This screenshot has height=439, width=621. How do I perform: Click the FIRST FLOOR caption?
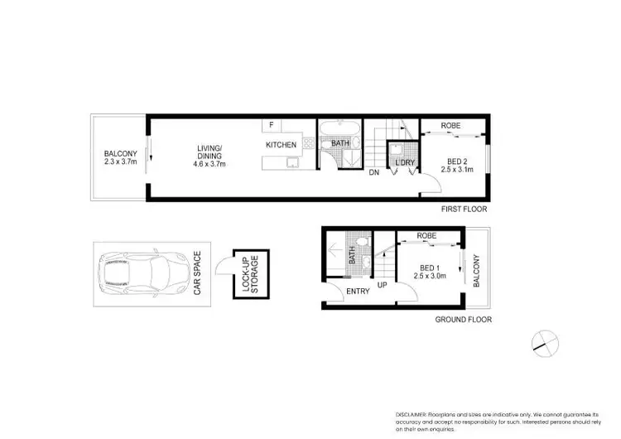[465, 210]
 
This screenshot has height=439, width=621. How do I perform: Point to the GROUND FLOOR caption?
[464, 319]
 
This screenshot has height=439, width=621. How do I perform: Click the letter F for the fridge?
[271, 126]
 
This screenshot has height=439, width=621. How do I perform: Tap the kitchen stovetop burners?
[307, 144]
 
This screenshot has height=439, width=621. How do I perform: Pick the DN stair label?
[374, 172]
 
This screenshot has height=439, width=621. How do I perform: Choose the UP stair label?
[383, 285]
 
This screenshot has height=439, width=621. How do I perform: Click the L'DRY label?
[405, 162]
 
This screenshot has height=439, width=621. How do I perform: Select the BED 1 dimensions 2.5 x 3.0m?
[429, 276]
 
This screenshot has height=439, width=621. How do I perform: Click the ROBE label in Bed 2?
[450, 126]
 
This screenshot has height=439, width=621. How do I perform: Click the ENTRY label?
[358, 291]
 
